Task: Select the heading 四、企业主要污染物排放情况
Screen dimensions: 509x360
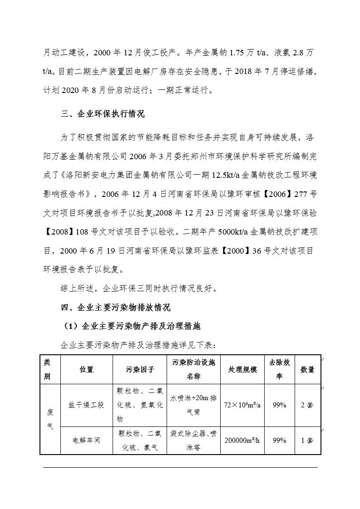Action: pos(116,308)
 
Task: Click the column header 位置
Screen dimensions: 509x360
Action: pos(86,369)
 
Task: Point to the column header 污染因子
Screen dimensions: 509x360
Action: pos(140,369)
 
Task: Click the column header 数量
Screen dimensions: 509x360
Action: pos(307,369)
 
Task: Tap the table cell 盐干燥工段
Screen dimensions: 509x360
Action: pos(86,405)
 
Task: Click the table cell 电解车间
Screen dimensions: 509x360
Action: pos(86,440)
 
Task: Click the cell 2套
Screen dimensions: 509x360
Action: pos(307,405)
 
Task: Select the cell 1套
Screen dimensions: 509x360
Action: pos(307,440)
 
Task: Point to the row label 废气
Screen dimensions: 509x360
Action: pos(50,419)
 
